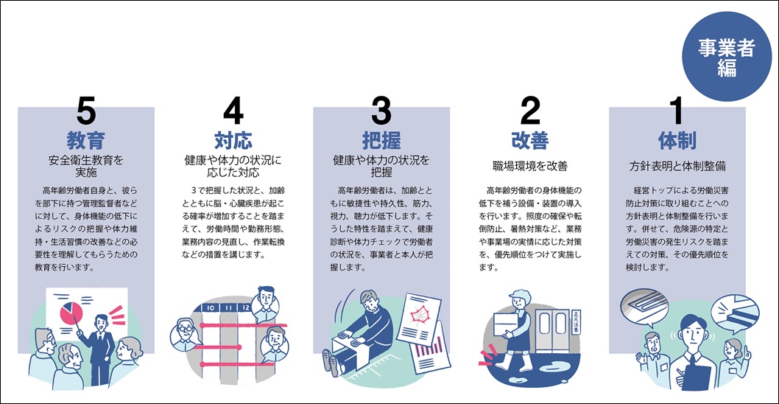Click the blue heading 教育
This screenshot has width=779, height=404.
(x=85, y=142)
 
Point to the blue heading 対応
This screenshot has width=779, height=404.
(x=233, y=142)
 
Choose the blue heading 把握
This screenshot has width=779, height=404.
(x=381, y=142)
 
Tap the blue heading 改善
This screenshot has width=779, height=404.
(x=529, y=142)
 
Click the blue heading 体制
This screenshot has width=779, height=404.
(x=677, y=142)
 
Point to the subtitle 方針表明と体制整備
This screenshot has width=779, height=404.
(x=677, y=167)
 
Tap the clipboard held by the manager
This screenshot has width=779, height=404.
(x=695, y=379)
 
